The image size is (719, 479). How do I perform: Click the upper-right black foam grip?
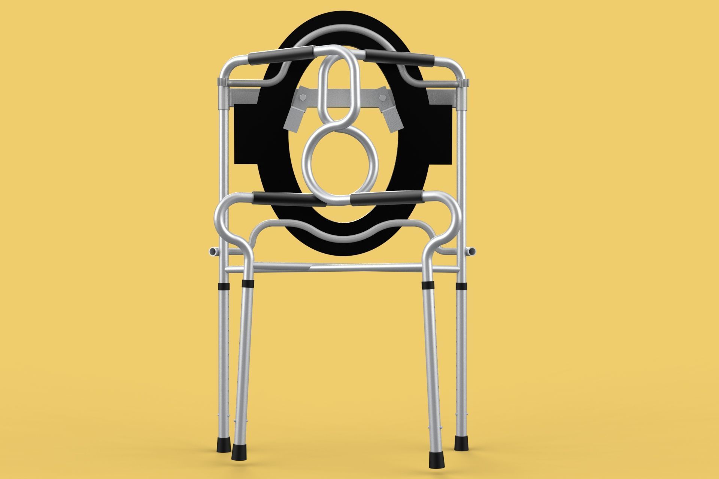(399, 57)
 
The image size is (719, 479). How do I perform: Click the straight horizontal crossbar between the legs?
(337, 268)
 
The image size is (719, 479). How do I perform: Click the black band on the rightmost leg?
(461, 286)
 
